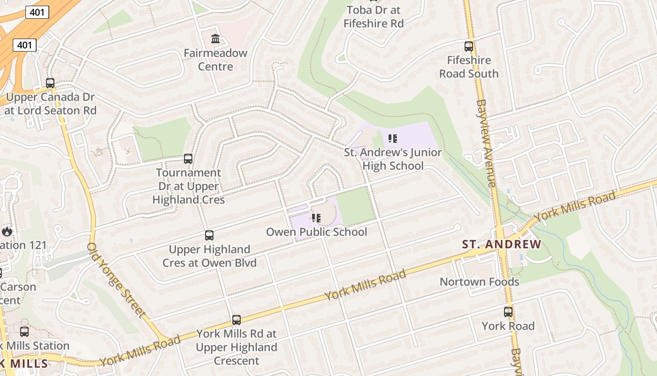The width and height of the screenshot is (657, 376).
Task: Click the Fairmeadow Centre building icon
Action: pos(215,39)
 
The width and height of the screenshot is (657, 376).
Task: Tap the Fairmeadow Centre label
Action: pos(215,60)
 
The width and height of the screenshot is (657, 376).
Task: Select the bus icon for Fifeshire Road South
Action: pos(469,47)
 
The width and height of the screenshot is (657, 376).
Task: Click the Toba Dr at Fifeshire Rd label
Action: pos(374,16)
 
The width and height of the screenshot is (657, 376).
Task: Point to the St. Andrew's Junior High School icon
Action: pos(393,139)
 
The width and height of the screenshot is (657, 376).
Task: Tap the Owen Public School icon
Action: pos(316,218)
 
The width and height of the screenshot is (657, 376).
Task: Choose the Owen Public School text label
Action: pos(316,232)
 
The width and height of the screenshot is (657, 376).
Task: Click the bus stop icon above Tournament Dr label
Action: pos(188,158)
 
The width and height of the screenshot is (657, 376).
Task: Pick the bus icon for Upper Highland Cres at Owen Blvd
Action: pos(209,235)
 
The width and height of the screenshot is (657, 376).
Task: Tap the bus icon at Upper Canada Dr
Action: pos(50,83)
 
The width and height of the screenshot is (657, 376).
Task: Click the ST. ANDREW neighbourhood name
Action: pos(502,244)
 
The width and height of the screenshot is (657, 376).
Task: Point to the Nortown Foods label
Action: pos(479,282)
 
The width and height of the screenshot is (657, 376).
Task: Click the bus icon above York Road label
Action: pos(508,312)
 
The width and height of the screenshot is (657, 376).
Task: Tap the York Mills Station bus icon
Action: pos(24,331)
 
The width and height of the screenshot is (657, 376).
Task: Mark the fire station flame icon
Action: pos(7,231)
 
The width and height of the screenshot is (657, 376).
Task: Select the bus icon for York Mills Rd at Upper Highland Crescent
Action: pos(237,320)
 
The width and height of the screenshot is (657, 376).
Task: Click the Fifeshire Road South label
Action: pos(469,67)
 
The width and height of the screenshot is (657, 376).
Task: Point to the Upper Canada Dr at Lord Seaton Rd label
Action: pos(50,104)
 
